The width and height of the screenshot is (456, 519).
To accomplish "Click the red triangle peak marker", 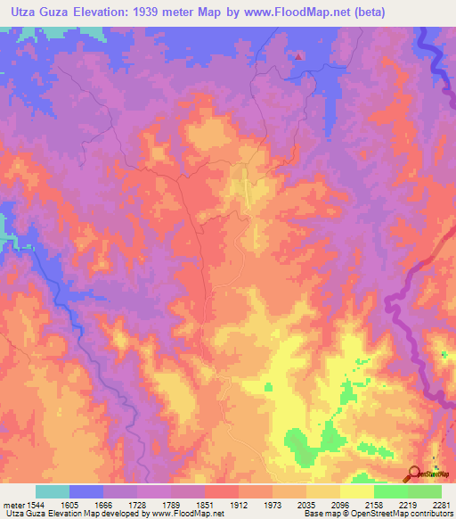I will [299, 55].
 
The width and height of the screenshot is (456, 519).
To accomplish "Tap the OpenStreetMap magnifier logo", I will [415, 474].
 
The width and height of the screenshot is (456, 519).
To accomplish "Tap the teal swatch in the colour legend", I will [53, 491].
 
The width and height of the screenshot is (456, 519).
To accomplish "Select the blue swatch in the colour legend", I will [86, 491].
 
